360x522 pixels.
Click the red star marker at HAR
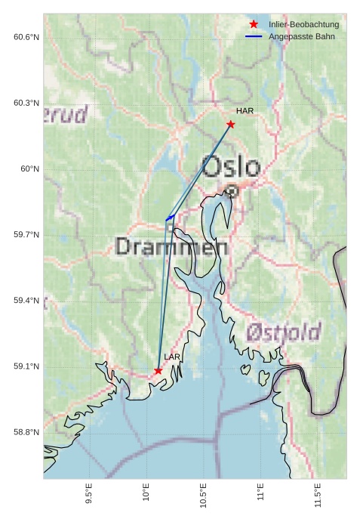point(230,124)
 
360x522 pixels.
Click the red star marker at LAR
point(158,371)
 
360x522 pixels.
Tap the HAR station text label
point(245,111)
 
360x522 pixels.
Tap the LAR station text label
point(172,357)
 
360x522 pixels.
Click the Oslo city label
point(231,167)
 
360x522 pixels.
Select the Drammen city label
point(172,247)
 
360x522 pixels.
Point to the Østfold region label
point(284,332)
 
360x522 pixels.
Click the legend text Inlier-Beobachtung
point(303,25)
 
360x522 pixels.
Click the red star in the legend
point(254,25)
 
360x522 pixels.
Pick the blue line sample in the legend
point(254,36)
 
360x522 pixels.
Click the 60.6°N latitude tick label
point(26,37)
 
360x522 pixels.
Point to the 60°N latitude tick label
point(29,169)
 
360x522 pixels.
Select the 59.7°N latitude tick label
point(26,235)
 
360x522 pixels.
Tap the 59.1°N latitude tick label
point(26,366)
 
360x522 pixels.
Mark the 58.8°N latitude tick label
point(26,432)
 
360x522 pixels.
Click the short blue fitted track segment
point(170,218)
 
